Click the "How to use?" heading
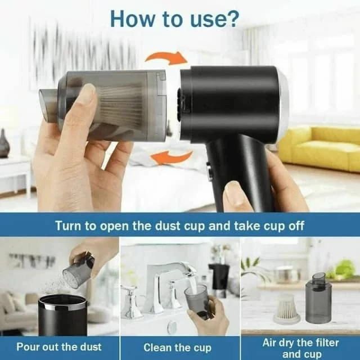click(x=174, y=19)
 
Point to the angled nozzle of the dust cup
click(x=48, y=105)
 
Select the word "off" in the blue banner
click(x=296, y=226)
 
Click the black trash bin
click(x=62, y=315)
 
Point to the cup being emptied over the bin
click(x=78, y=271)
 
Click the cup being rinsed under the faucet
click(x=197, y=299)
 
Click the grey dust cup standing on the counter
click(x=318, y=298)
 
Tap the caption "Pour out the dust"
click(x=59, y=346)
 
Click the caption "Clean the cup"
click(x=177, y=348)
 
